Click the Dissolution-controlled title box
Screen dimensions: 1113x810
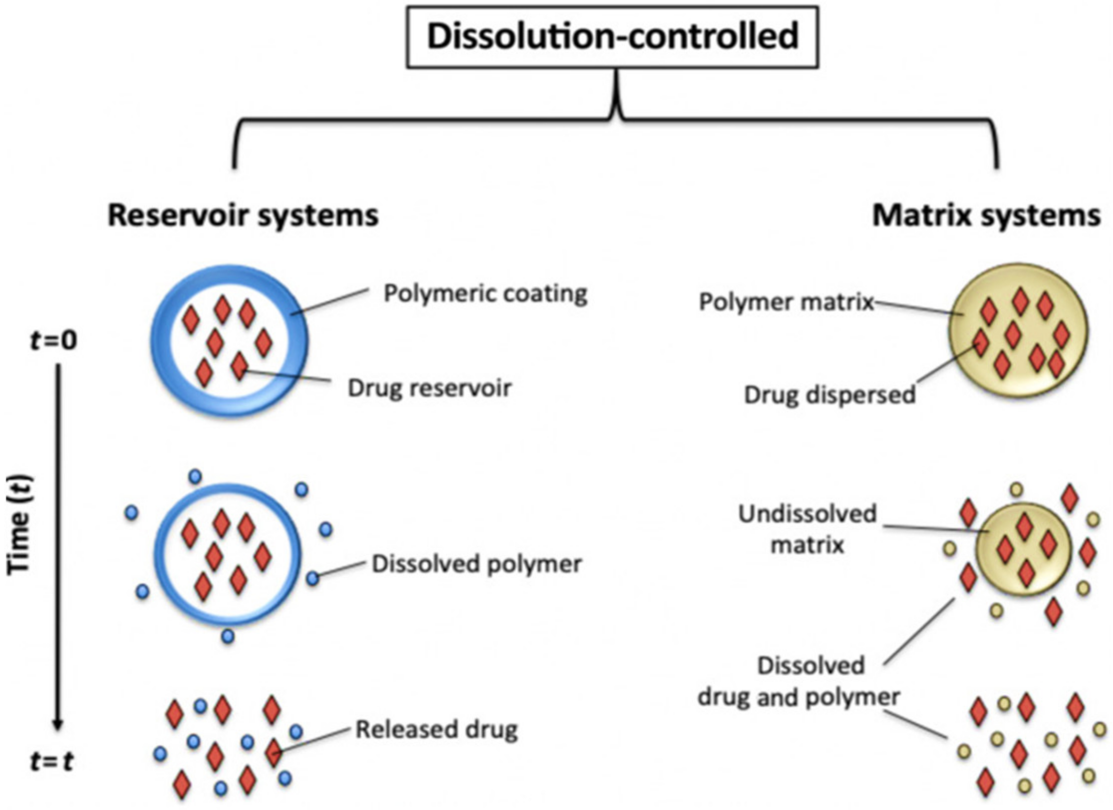tap(612, 37)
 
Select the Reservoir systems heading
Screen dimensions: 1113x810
tap(243, 216)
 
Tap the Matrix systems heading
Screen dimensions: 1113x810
tap(986, 216)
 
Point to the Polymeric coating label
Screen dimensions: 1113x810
tap(485, 294)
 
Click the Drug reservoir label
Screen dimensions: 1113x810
tap(430, 388)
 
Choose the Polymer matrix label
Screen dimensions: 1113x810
tap(787, 302)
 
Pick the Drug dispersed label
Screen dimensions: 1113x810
tap(830, 395)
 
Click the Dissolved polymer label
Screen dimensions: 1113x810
tap(477, 564)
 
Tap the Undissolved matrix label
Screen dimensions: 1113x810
tap(808, 529)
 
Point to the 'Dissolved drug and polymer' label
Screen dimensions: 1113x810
tap(799, 682)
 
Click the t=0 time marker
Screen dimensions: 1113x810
tap(54, 341)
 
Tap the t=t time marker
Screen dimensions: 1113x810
tap(52, 762)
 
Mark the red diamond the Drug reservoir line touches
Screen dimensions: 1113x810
tap(240, 366)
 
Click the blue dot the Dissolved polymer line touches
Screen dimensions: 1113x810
tap(312, 579)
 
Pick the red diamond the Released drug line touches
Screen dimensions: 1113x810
tap(274, 753)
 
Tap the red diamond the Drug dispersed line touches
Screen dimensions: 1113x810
tap(981, 343)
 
